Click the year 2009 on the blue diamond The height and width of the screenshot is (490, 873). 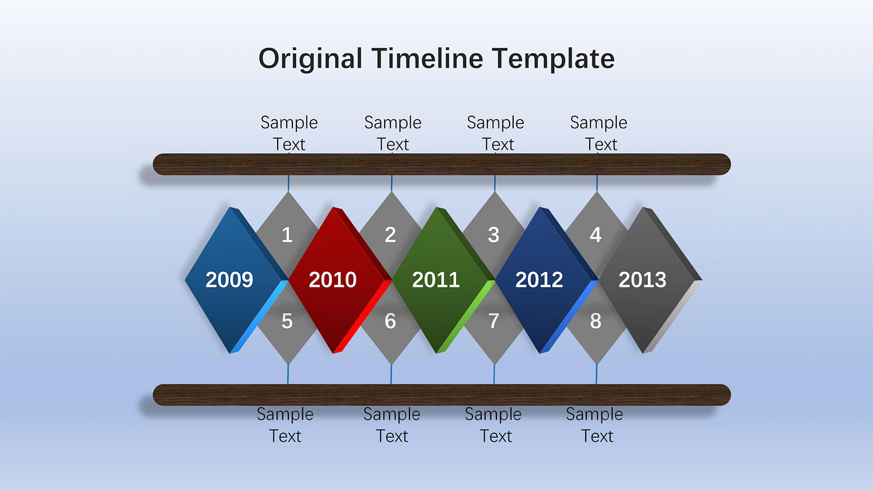229,280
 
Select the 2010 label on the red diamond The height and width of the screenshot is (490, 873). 333,280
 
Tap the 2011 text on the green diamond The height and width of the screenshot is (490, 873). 436,280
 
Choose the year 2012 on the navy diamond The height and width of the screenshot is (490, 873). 539,280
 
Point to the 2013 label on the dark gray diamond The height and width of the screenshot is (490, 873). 643,280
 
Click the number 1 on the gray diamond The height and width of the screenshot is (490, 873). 287,235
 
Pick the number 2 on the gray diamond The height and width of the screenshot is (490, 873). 390,235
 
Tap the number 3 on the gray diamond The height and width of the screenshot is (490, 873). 493,235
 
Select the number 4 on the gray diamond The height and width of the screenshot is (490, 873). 596,235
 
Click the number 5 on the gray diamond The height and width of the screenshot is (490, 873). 287,321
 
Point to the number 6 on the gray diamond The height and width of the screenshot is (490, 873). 390,321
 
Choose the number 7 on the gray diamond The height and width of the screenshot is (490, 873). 493,321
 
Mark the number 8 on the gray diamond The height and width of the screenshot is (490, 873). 596,321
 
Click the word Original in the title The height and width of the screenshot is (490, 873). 311,59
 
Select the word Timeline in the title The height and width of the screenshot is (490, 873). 427,58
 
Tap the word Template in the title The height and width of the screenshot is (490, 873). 553,59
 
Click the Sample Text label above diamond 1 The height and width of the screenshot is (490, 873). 289,133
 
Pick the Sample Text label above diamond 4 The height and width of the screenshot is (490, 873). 599,133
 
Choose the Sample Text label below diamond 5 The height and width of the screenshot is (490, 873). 285,425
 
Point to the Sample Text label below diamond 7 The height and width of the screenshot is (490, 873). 493,425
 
